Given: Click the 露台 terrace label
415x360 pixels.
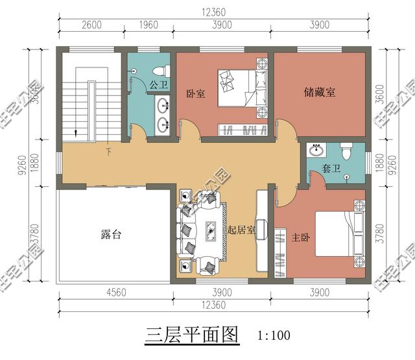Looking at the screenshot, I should [x=111, y=234].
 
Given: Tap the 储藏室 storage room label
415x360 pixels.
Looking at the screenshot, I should [x=320, y=92].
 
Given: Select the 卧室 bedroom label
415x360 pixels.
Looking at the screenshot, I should [x=195, y=93].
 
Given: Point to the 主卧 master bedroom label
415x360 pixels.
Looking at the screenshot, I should [x=301, y=237].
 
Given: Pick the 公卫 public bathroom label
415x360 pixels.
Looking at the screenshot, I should [x=158, y=84].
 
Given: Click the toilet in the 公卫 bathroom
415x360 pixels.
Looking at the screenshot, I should [x=160, y=69].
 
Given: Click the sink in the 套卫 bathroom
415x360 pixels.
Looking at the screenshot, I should [x=317, y=151].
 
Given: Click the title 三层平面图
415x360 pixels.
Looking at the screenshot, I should [x=191, y=335].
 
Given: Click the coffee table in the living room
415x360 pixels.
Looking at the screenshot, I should [x=211, y=230].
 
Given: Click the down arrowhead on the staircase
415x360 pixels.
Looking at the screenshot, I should [x=77, y=134].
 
